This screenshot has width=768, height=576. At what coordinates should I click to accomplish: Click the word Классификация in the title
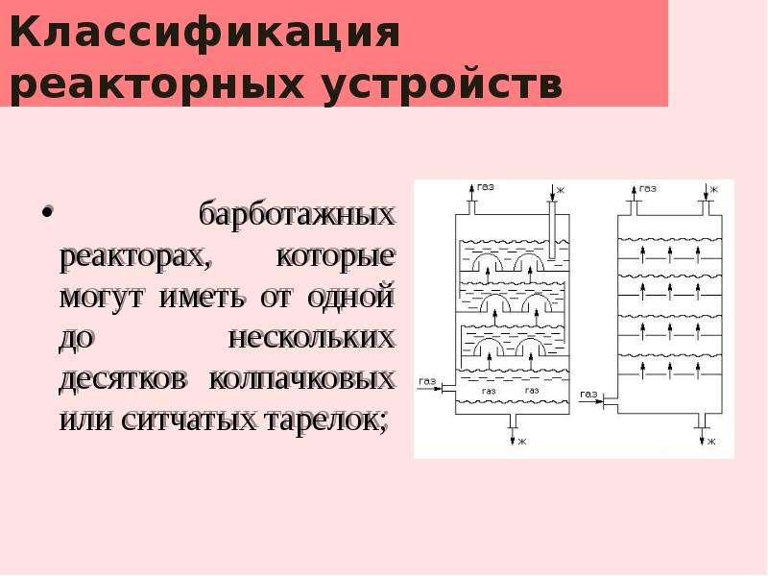[204, 33]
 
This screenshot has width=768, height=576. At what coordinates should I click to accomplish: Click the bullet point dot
[47, 213]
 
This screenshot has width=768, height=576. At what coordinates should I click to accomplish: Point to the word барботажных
[297, 215]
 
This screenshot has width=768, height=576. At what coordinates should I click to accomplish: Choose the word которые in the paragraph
[335, 256]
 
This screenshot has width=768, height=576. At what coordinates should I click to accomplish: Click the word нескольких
[311, 338]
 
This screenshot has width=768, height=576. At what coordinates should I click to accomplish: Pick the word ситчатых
[189, 420]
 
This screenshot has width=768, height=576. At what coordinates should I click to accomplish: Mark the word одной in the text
[351, 297]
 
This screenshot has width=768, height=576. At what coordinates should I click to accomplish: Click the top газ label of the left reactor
[486, 187]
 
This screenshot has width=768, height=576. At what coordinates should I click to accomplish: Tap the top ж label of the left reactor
[561, 190]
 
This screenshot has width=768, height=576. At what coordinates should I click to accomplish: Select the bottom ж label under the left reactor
[522, 442]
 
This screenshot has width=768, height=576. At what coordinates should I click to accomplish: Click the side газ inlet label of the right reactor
[588, 395]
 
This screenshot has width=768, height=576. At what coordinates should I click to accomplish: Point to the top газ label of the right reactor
[647, 188]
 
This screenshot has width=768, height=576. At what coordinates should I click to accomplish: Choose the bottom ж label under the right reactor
[711, 442]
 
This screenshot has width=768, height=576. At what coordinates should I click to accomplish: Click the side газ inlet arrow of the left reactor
[429, 389]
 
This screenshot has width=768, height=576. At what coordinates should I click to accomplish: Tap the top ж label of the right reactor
[714, 189]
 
